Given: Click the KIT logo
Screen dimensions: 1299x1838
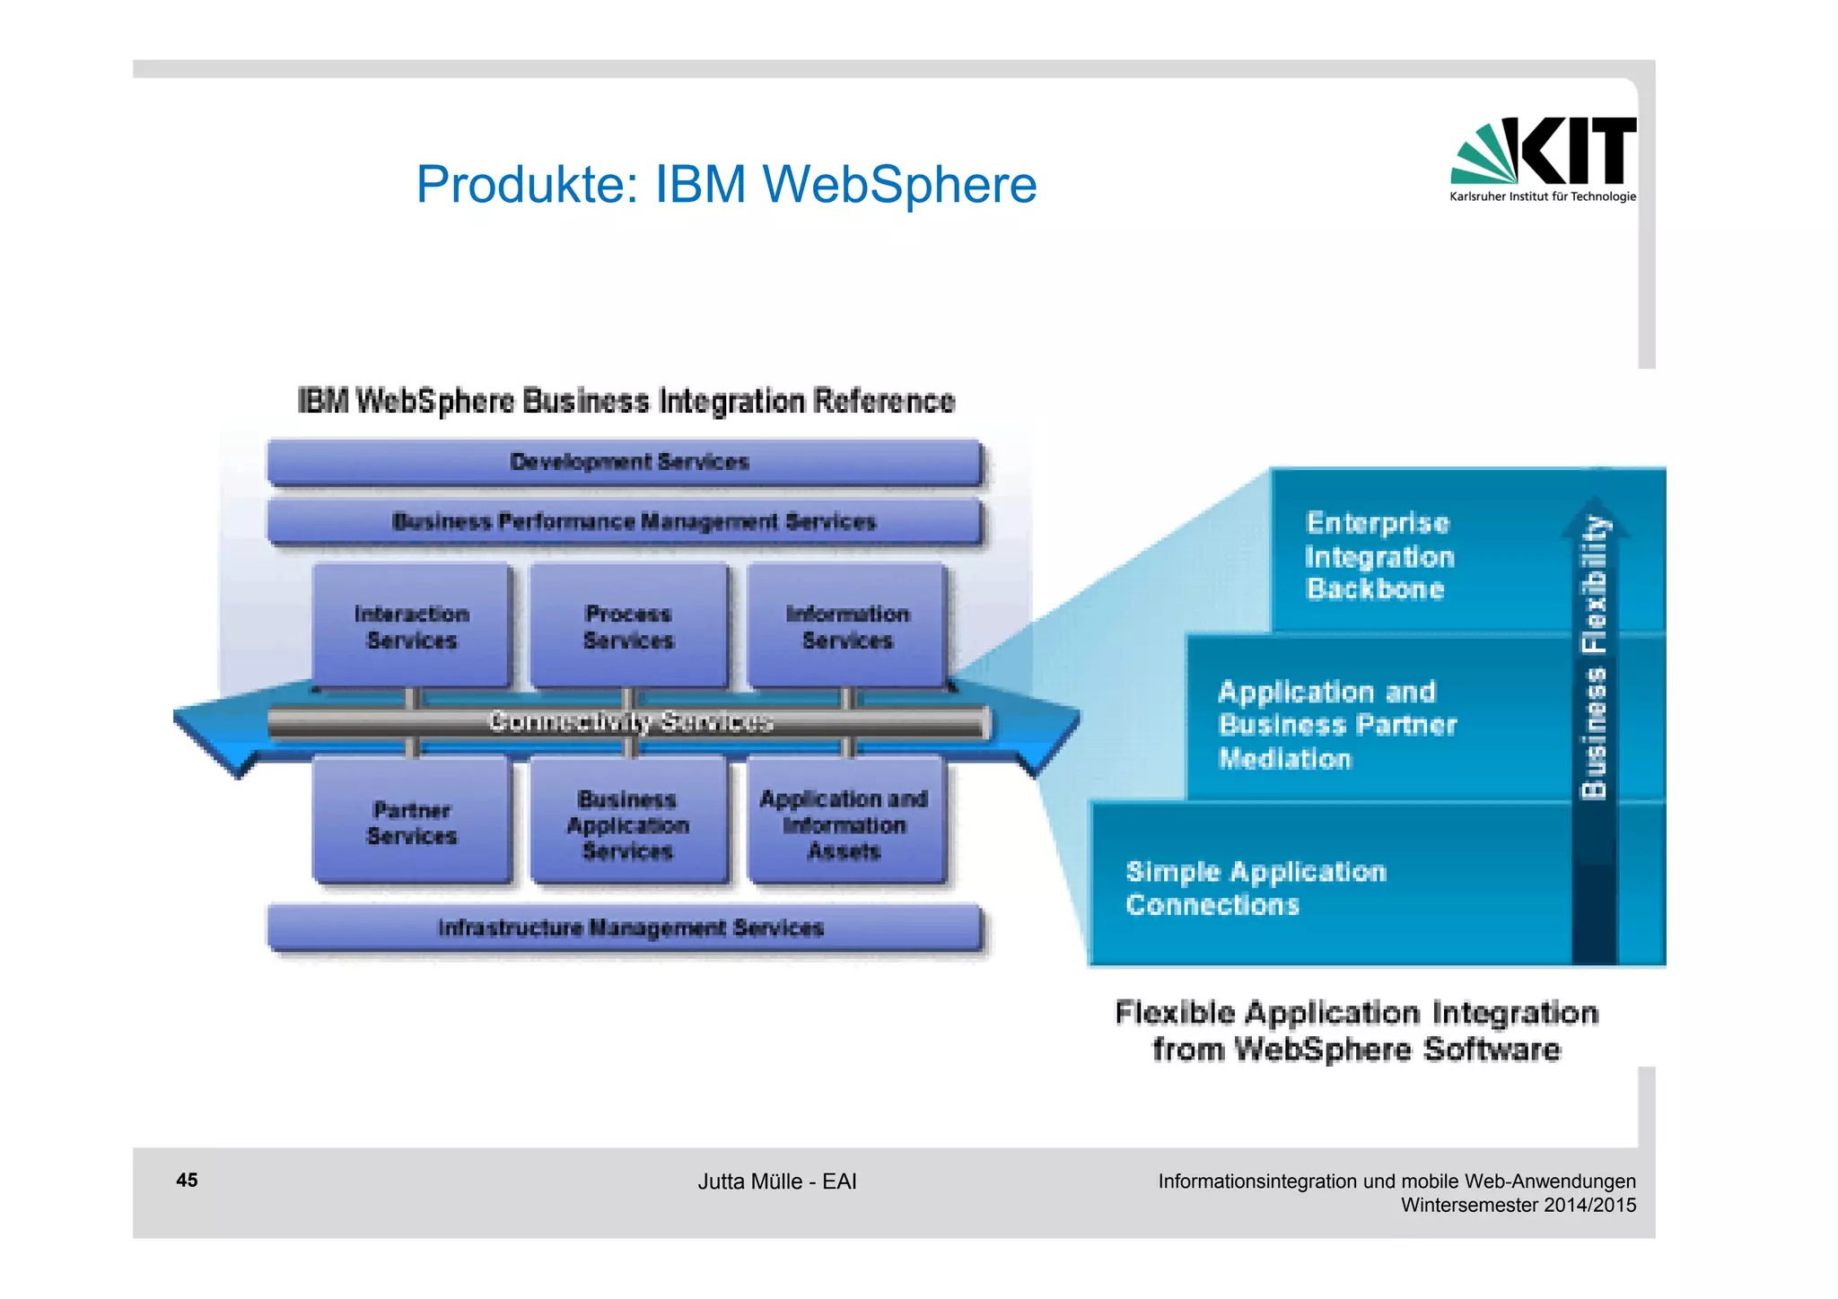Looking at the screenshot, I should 1544,158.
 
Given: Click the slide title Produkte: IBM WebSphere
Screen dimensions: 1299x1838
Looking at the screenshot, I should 726,185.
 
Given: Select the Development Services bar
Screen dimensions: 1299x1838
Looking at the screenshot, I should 627,462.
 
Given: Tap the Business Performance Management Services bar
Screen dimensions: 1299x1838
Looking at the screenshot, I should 633,522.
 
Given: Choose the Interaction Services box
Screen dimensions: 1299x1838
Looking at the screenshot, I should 412,627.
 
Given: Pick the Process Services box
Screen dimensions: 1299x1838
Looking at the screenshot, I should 628,627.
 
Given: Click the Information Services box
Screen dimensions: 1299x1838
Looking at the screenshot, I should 847,627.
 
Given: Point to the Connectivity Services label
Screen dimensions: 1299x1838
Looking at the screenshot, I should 630,722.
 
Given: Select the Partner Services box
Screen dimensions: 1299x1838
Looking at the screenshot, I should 412,823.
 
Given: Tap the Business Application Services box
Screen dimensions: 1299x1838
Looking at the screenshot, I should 628,824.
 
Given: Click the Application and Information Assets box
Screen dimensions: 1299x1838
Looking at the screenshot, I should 845,824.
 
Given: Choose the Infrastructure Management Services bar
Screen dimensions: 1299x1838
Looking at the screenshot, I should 630,928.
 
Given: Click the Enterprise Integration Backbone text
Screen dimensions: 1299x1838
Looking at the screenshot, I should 1378,556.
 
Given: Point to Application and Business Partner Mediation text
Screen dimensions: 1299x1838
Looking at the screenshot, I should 1336,725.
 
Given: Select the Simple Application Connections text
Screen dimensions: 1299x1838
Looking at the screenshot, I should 1256,888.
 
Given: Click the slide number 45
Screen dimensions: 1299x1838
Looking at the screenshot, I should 187,1181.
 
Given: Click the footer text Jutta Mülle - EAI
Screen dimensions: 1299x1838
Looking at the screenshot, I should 777,1181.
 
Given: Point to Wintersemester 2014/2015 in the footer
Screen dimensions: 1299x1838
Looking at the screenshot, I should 1519,1205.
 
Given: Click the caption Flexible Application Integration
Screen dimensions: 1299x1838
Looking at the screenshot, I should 1356,1014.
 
